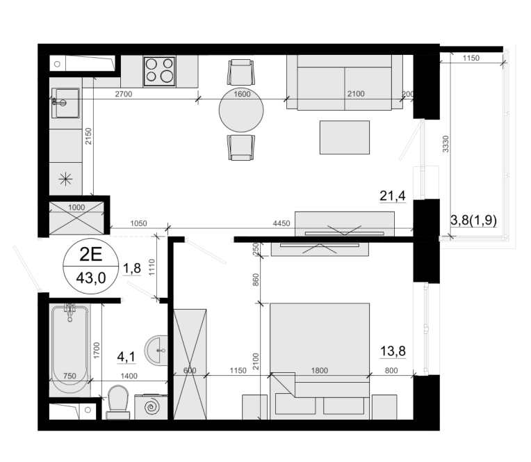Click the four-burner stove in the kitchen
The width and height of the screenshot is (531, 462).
(x=159, y=71)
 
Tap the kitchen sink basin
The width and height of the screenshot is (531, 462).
(x=66, y=103)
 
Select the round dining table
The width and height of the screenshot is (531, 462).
(x=241, y=110)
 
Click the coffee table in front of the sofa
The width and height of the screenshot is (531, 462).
(x=345, y=137)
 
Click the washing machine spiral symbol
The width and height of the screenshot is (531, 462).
(x=152, y=407)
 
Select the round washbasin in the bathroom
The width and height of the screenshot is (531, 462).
(x=156, y=350)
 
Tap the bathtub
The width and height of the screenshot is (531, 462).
(x=70, y=350)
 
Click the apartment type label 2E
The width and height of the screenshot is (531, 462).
(x=91, y=254)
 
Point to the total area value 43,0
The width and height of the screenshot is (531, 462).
(x=91, y=278)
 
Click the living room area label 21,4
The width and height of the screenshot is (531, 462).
(x=393, y=196)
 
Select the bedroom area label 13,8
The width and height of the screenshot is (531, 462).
(x=393, y=351)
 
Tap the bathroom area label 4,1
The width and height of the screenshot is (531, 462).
(x=126, y=356)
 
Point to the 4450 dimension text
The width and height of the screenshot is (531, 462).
(x=281, y=223)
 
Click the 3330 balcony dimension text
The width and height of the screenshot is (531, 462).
(x=446, y=144)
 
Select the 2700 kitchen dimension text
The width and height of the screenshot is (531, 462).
(x=123, y=94)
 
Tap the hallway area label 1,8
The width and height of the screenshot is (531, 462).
(x=132, y=269)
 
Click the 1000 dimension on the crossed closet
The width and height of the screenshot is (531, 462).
(x=76, y=207)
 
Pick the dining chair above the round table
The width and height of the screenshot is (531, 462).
(x=241, y=72)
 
